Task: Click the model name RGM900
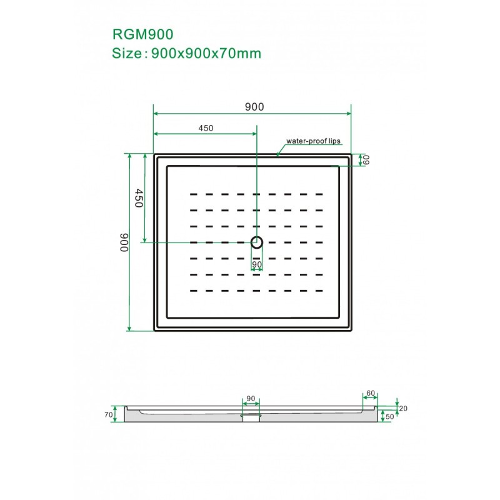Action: [x=143, y=34]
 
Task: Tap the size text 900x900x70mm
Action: [x=206, y=53]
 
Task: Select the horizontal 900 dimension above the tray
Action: [x=254, y=107]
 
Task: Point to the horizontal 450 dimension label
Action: [x=206, y=128]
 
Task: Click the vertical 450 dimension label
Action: [x=138, y=197]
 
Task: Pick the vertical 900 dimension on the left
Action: [x=124, y=242]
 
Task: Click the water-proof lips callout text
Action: [x=314, y=141]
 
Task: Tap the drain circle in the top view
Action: [x=257, y=242]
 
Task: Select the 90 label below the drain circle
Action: [x=257, y=264]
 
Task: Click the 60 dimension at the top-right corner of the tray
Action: [x=366, y=160]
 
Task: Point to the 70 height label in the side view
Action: [x=109, y=414]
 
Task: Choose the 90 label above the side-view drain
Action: [x=251, y=399]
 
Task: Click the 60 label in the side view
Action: [x=371, y=393]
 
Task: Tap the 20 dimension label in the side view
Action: [x=403, y=409]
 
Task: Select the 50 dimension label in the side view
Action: [x=389, y=417]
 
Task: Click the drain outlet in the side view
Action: [x=251, y=417]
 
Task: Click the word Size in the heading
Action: [x=127, y=53]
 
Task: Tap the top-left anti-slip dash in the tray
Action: [x=194, y=194]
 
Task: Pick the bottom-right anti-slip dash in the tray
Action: [x=319, y=291]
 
